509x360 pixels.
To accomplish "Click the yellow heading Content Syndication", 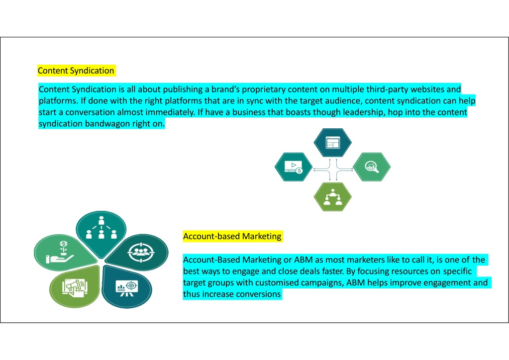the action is click(76, 71).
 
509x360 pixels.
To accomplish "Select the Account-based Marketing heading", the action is click(232, 236).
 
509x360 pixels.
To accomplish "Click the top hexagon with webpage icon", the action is click(332, 143).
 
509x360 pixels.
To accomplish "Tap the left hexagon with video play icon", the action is click(294, 167).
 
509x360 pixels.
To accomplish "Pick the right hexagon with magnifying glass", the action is click(372, 167).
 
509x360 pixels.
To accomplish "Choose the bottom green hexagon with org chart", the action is click(332, 197).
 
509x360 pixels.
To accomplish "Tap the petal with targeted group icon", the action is click(138, 252).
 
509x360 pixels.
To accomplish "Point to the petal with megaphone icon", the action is click(75, 286).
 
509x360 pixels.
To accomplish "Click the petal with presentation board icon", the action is click(126, 287).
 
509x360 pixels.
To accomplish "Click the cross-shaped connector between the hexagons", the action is click(333, 169).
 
